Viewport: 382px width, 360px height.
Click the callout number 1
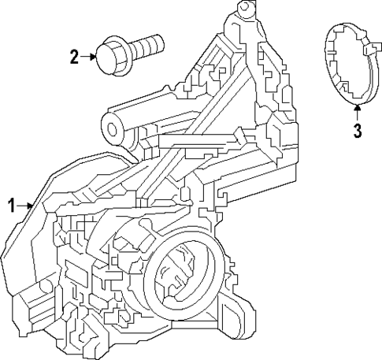click(x=11, y=206)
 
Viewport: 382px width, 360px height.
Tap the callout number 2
click(x=75, y=57)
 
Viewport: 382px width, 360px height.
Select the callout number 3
click(x=357, y=130)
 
